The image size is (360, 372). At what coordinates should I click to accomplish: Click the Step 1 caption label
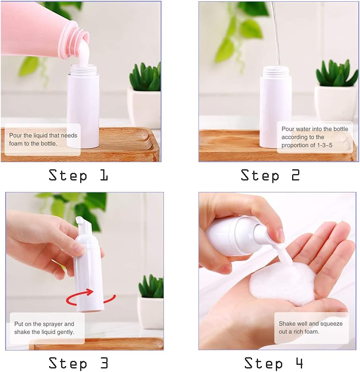78,175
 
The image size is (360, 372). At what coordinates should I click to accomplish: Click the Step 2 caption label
270,175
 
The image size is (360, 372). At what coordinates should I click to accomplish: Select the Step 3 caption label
78,363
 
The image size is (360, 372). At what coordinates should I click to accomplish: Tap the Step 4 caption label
273,363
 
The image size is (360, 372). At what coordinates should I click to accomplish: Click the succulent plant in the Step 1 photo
146,77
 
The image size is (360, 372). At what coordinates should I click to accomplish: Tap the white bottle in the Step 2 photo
275,107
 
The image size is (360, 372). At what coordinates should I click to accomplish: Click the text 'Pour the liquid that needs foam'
43,136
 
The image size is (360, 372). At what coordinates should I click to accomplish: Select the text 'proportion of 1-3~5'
307,145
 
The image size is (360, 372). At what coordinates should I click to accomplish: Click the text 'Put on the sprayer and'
44,324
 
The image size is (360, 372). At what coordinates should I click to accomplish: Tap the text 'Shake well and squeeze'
310,324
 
